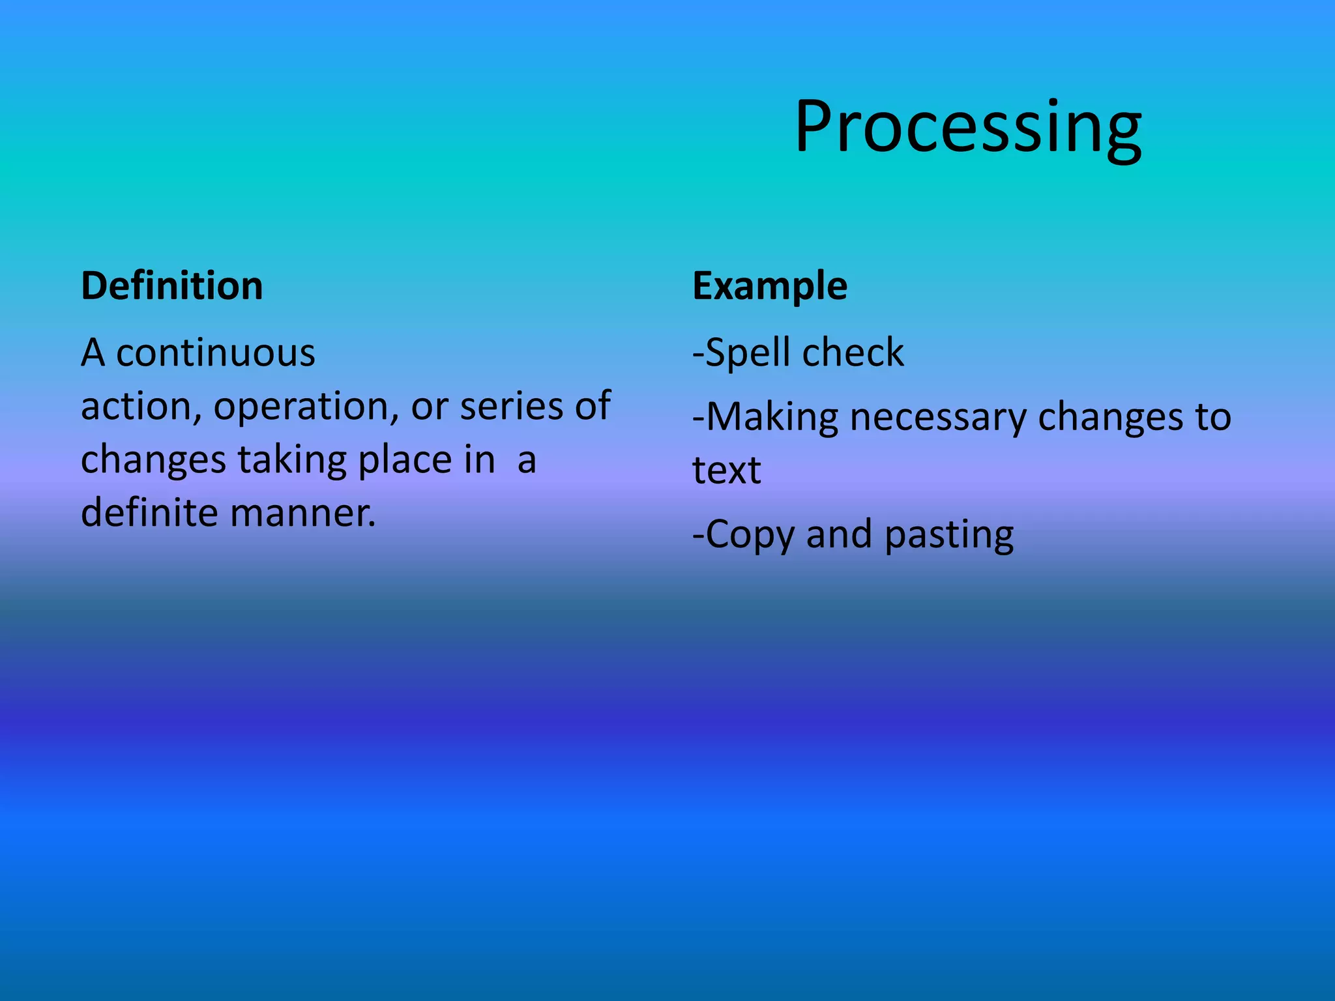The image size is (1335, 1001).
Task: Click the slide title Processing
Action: tap(967, 127)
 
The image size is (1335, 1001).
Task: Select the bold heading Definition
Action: tap(172, 286)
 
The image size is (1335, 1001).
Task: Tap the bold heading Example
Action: tap(770, 286)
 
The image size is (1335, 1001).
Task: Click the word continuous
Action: tap(216, 353)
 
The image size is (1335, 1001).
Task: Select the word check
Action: tap(853, 353)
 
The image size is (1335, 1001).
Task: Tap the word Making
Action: tap(772, 418)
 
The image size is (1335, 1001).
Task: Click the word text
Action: tap(726, 471)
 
